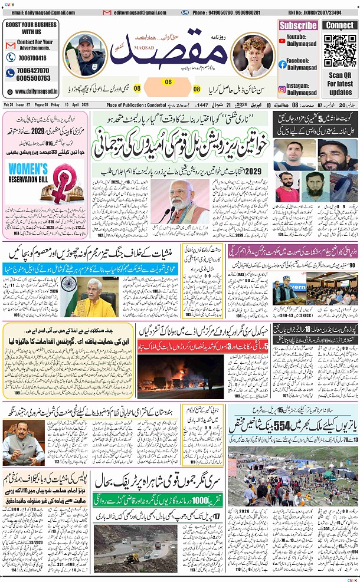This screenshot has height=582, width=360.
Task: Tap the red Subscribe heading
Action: coord(298,25)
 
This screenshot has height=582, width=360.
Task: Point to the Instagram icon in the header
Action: coord(282,89)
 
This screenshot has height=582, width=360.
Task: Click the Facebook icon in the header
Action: coord(282,64)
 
